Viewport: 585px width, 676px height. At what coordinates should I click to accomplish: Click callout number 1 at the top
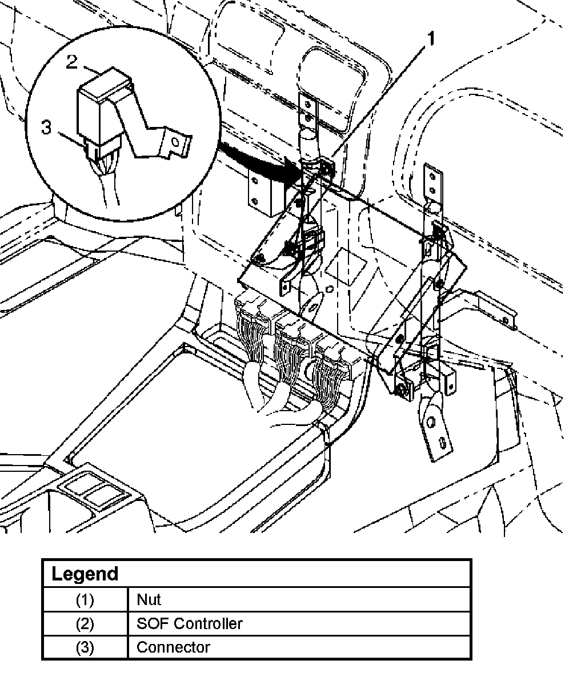point(430,39)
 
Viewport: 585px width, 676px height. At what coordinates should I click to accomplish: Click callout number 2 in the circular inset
point(71,62)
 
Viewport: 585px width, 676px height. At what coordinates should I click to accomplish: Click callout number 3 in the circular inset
point(46,128)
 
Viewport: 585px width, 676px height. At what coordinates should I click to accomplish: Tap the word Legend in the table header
point(85,574)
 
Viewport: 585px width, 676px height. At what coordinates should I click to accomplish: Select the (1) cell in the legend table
point(85,600)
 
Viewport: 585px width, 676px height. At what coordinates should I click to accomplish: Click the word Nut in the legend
point(149,600)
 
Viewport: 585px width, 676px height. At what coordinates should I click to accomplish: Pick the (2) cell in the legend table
point(85,624)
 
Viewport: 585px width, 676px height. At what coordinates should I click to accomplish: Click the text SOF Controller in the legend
point(190,623)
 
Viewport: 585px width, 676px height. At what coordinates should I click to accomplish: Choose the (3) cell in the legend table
point(85,647)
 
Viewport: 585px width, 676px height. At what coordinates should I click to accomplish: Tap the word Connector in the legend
point(173,647)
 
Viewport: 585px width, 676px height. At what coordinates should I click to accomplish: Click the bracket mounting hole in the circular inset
point(175,142)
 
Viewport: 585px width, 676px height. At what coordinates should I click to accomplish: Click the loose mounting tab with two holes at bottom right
point(435,427)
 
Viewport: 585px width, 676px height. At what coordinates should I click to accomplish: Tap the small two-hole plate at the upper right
point(433,182)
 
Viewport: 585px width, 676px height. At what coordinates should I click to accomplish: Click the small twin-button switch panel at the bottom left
point(93,490)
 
